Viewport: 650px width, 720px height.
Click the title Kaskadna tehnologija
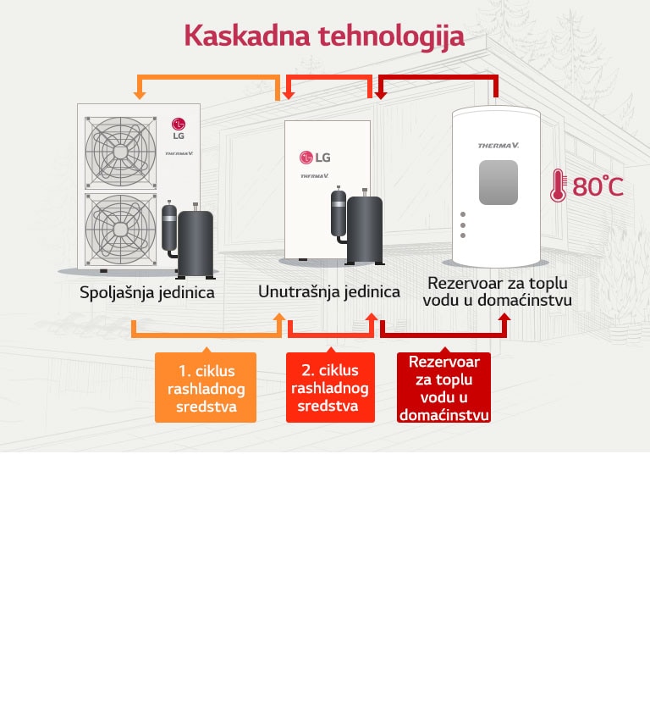[x=324, y=36]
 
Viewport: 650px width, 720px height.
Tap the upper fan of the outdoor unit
[x=121, y=147]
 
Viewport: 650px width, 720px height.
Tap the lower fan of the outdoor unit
[x=121, y=227]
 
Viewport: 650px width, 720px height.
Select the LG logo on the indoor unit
[x=315, y=158]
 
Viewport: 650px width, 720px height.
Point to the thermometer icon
[x=558, y=186]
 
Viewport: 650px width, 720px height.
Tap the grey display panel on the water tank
[x=498, y=182]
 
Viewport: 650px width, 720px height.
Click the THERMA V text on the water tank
[x=498, y=145]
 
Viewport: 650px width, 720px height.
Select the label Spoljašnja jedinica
[x=146, y=293]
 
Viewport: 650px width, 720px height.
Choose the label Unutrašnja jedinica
[x=329, y=291]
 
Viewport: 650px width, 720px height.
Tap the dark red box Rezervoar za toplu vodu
[x=443, y=388]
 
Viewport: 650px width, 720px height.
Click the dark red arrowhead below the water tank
[x=504, y=318]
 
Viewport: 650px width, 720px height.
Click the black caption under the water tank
[x=498, y=291]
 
